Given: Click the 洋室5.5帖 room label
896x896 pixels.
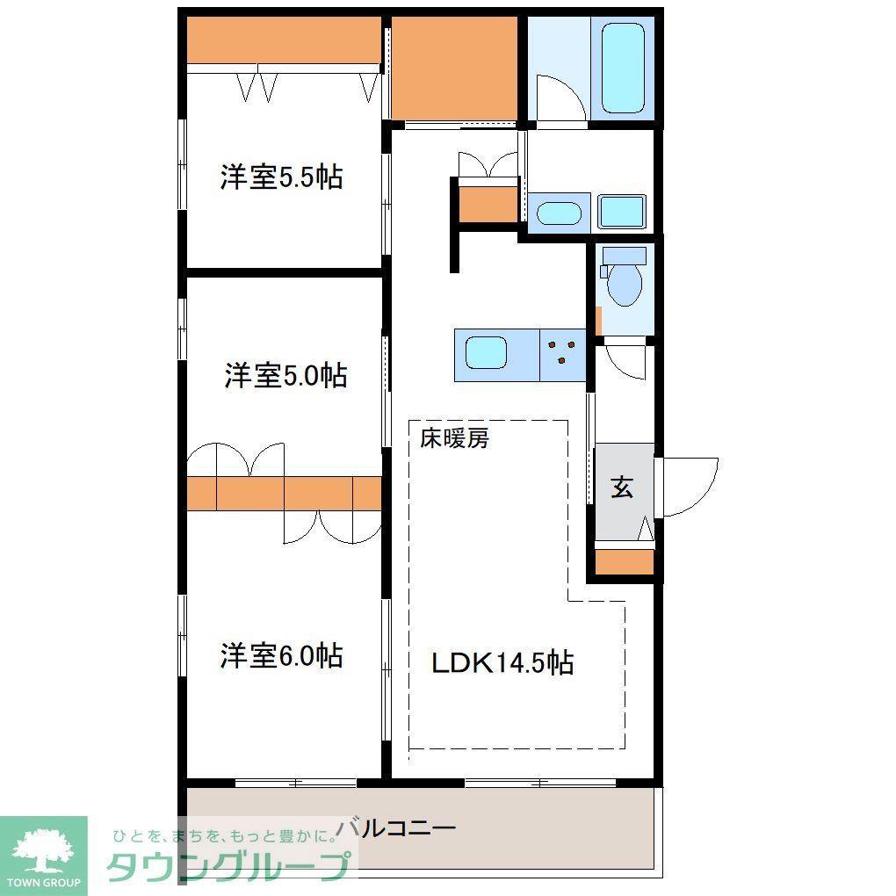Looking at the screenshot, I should pos(281,178).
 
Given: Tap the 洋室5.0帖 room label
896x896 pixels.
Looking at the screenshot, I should pos(285,376).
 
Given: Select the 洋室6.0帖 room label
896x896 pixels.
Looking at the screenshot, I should pos(281,655).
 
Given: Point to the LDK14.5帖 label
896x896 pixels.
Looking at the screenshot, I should pos(502,662).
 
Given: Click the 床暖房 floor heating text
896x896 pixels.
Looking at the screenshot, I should pos(454,438).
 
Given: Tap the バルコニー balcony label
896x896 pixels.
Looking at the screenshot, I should pos(397,827).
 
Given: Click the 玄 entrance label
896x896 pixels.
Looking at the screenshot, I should pos(622,488).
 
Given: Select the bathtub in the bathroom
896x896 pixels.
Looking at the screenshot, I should pos(623,68).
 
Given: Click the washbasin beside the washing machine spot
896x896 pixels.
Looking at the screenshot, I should pos(559,213).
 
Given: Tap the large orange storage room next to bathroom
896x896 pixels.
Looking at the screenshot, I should pos(453,67).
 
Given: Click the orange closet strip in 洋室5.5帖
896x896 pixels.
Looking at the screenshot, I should pos(284,40).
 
